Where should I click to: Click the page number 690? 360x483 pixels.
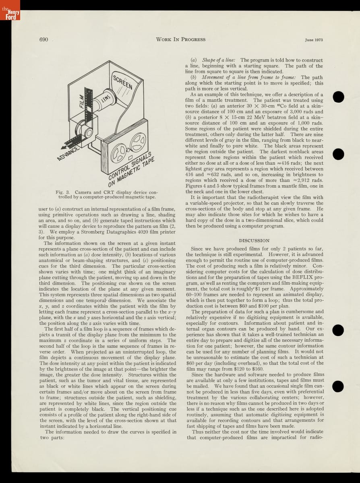coord(44,39)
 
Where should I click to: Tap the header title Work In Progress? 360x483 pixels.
coord(180,39)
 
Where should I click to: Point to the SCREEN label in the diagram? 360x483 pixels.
coord(122,82)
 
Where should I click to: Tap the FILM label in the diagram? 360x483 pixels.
coord(82,101)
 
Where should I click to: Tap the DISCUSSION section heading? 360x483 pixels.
coord(254,240)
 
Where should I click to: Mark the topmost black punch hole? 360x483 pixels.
coord(338,97)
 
